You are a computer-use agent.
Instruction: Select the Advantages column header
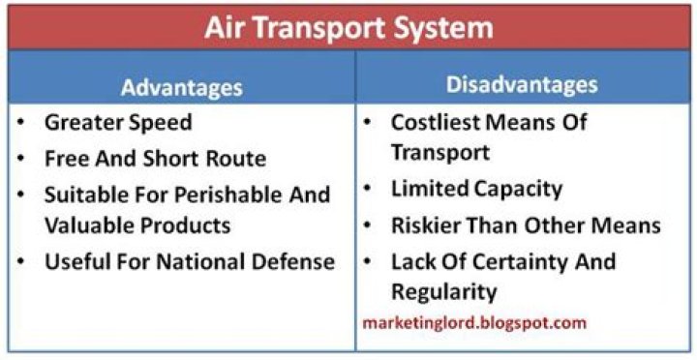(x=181, y=87)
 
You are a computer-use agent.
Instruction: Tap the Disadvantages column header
(x=522, y=85)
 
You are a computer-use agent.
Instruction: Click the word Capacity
(x=521, y=189)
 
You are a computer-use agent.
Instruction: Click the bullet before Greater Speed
(x=21, y=123)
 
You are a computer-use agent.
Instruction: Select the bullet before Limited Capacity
(x=369, y=189)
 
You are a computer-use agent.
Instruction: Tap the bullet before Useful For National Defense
(x=21, y=260)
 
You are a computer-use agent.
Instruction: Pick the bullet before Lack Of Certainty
(x=369, y=260)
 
